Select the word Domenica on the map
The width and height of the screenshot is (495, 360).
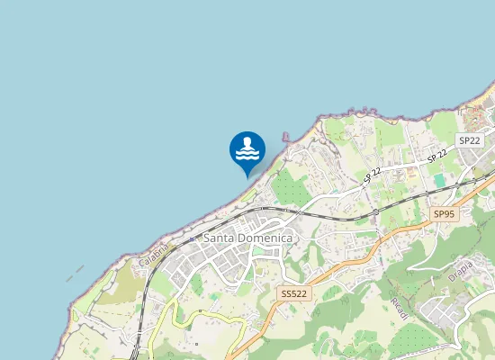point(267,238)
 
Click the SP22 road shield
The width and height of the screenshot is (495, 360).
point(468,140)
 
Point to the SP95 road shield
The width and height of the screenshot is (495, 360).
point(444,214)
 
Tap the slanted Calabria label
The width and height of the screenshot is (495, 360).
point(154,251)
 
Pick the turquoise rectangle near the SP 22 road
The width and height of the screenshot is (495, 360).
point(439,181)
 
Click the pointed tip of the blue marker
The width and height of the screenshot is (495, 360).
point(247,175)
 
